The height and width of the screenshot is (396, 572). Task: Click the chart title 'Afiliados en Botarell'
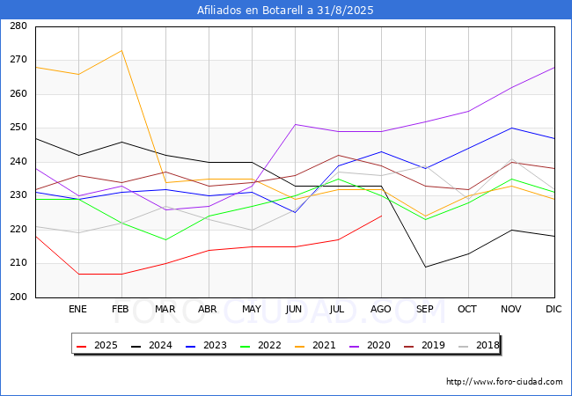pos(286,11)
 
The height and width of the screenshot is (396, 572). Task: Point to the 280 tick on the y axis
pos(18,26)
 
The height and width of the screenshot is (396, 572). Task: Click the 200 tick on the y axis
pos(18,297)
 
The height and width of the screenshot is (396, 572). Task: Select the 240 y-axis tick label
pos(18,162)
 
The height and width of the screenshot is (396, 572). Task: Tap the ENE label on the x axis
pos(78,310)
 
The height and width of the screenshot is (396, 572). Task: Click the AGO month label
pos(381,310)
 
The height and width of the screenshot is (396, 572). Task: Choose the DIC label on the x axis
pos(554,310)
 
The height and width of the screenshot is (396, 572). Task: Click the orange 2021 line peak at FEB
pos(121,50)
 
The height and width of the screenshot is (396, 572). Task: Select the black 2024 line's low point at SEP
pos(424,267)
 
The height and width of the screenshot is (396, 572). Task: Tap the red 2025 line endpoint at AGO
pos(381,216)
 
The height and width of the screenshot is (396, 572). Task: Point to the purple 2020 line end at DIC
pos(554,67)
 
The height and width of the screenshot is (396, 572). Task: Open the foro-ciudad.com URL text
pos(504,382)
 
